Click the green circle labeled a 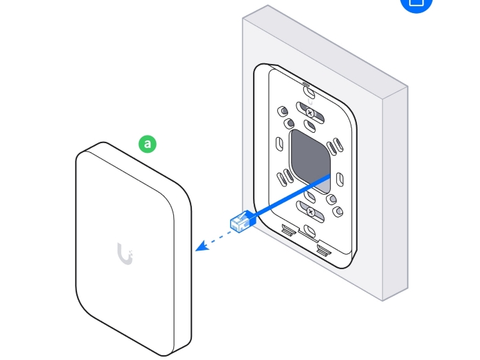coord(148,144)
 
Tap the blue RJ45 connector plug coord(243,222)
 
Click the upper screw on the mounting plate coord(310,112)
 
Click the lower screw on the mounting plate coord(310,211)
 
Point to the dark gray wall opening coord(311,160)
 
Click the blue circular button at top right coord(417,3)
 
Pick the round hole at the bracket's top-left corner coord(282,110)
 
